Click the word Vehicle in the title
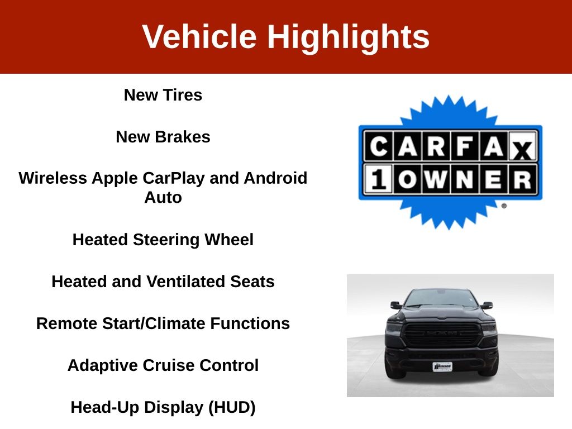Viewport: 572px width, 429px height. click(x=199, y=36)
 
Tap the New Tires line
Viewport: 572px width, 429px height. click(x=163, y=95)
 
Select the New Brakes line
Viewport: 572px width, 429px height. click(x=163, y=137)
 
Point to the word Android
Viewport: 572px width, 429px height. click(x=275, y=178)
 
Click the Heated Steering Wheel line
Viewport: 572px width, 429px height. click(x=163, y=240)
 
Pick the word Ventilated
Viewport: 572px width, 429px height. click(x=186, y=282)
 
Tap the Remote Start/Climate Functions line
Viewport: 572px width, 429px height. click(x=163, y=323)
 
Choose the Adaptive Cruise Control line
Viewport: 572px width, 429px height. click(x=163, y=365)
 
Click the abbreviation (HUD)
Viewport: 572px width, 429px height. click(x=232, y=407)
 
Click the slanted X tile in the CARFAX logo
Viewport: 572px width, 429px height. click(x=523, y=147)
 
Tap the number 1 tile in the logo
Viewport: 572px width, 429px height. click(x=378, y=179)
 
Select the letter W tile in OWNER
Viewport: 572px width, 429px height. click(x=436, y=179)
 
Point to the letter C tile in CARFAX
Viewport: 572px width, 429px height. click(x=378, y=147)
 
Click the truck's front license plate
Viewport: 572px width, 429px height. click(x=442, y=366)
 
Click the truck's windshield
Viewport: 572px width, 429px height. click(x=442, y=298)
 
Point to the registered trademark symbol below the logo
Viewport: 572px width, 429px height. click(x=504, y=206)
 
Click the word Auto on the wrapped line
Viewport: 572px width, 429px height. click(x=163, y=198)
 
